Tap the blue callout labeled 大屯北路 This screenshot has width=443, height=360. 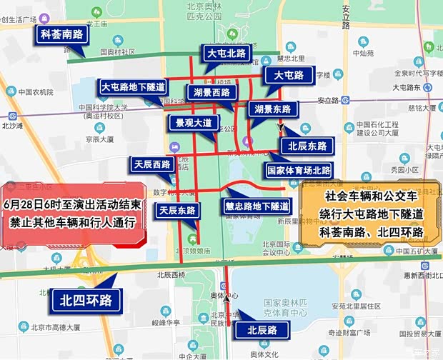[226, 54]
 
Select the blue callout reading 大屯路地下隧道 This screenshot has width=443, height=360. [133, 87]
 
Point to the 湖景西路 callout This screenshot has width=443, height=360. [211, 92]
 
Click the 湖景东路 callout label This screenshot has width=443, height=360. [272, 109]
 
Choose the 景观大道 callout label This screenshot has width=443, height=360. [194, 122]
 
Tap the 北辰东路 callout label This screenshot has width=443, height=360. [307, 146]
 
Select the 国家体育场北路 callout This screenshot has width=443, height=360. [299, 170]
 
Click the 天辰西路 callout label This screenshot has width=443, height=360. [152, 164]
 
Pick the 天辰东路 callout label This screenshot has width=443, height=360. [177, 210]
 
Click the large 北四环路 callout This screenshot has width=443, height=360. [86, 300]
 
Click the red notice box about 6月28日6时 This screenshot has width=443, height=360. [75, 213]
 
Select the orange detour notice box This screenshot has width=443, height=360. [372, 213]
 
